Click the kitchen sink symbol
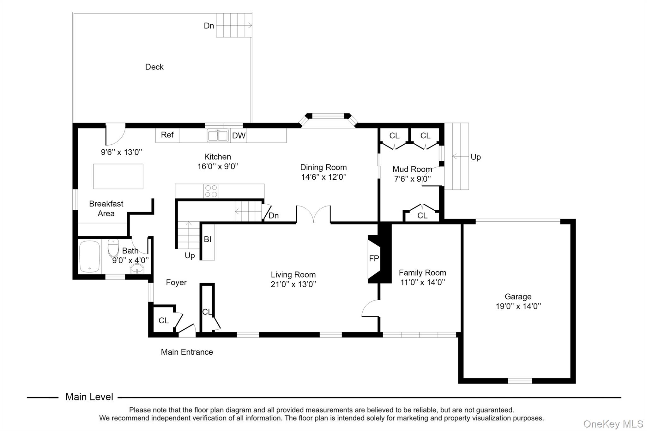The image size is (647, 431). [218, 135]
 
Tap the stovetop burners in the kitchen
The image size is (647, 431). [211, 191]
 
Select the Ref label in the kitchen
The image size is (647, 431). [167, 135]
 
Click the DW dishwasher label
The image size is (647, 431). [239, 135]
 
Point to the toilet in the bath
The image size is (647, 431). [113, 248]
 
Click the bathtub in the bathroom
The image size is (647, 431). [89, 256]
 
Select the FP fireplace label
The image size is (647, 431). [374, 259]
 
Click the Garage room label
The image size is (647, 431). [518, 296]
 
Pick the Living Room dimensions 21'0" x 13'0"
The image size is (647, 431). [293, 284]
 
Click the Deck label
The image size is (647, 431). [154, 67]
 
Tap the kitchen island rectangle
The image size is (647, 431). [118, 176]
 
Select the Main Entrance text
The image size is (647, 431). [187, 352]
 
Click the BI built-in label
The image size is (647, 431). [208, 239]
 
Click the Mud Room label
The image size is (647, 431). [412, 169]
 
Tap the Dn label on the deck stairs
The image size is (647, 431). [209, 26]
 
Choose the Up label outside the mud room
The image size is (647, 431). [475, 157]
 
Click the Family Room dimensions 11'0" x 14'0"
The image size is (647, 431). [423, 282]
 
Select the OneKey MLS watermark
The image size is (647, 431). [613, 424]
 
